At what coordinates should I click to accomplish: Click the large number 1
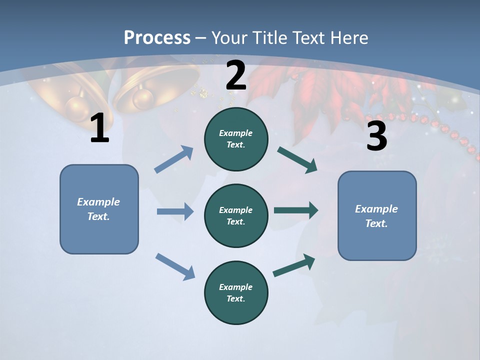pos(99,128)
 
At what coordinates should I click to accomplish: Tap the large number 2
pos(236,75)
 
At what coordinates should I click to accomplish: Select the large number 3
pos(376,136)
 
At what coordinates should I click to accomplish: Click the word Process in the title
pos(157,37)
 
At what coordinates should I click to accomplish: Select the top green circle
pos(236,139)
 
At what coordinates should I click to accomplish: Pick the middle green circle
pos(236,215)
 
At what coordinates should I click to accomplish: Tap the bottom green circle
pos(236,292)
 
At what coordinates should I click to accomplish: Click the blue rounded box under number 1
pos(99,209)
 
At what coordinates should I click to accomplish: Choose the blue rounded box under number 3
pos(377,215)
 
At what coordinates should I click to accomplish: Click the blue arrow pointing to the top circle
pos(174,159)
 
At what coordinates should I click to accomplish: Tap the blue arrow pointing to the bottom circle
pos(175,266)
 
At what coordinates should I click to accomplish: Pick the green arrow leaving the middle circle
pos(296,210)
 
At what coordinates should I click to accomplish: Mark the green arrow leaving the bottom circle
pos(294,265)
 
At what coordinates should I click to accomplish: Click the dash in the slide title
pos(201,38)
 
